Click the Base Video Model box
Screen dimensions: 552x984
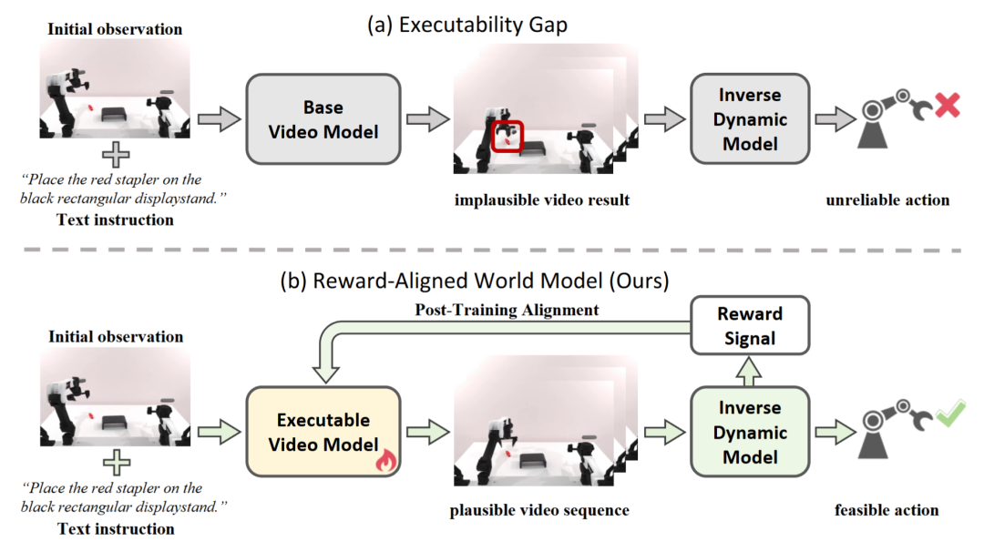point(323,119)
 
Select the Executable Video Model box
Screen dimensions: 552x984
point(323,433)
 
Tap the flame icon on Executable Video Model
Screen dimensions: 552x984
point(385,462)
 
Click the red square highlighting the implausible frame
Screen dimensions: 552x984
point(506,136)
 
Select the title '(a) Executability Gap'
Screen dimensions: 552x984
point(466,25)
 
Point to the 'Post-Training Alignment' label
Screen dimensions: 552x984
point(508,310)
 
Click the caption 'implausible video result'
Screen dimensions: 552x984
point(543,199)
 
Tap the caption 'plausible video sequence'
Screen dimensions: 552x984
point(539,510)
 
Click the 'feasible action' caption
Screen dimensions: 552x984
point(887,510)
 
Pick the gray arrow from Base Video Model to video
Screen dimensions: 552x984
point(427,119)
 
